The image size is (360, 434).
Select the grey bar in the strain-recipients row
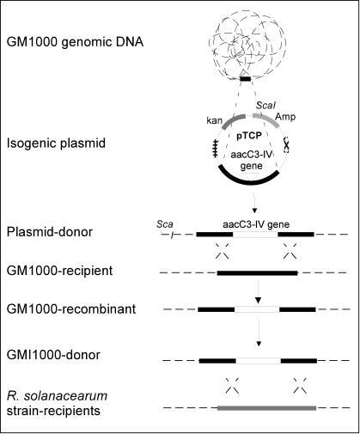[267, 408]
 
